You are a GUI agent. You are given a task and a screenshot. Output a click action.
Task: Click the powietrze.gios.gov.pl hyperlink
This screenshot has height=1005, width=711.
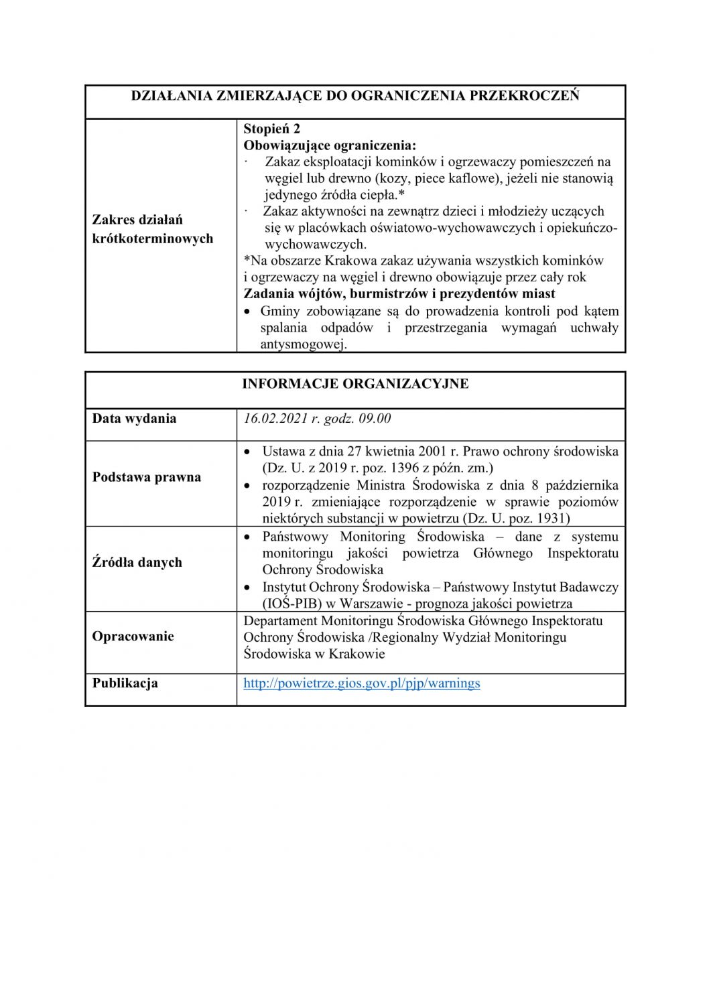[361, 683]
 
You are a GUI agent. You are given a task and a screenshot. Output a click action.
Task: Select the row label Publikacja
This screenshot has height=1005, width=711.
[125, 683]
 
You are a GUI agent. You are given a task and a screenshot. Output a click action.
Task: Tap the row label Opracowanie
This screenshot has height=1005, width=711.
[133, 636]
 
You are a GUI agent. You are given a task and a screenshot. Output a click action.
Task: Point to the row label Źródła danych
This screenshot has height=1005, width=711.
[137, 562]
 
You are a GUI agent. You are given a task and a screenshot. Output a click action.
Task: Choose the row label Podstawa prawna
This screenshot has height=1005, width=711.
[146, 477]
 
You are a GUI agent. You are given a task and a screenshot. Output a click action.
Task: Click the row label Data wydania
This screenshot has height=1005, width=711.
[134, 419]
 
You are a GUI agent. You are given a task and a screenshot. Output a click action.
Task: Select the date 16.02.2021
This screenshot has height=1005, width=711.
[275, 419]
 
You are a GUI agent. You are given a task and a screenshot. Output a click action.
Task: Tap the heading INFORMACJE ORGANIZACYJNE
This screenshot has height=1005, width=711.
[355, 384]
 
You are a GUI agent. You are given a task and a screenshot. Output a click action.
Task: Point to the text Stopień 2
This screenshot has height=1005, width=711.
[271, 129]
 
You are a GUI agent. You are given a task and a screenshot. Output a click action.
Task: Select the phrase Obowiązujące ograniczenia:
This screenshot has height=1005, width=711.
[329, 145]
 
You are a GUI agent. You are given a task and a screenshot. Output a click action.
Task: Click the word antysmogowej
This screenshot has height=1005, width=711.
[303, 345]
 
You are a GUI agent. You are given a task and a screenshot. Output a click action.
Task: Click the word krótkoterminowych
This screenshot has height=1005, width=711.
[152, 239]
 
